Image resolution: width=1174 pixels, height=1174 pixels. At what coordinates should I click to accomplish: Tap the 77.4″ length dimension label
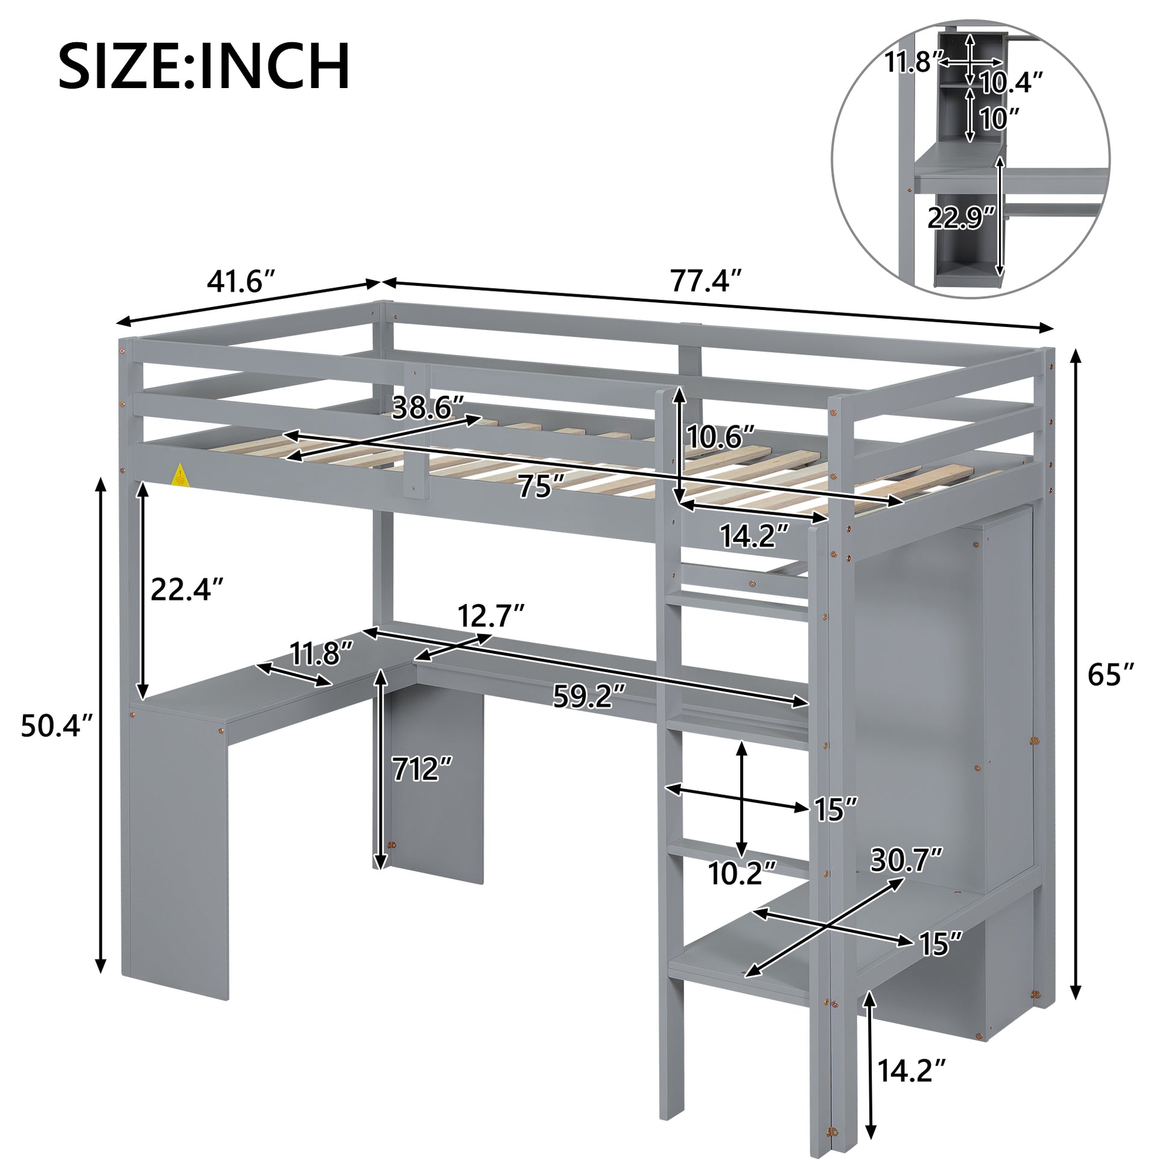coord(706,281)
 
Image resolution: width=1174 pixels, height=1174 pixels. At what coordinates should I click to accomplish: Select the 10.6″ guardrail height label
coord(721,436)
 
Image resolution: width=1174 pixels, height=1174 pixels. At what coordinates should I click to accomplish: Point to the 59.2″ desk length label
coord(588,696)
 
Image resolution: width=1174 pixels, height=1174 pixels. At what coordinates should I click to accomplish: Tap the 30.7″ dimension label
coord(906,859)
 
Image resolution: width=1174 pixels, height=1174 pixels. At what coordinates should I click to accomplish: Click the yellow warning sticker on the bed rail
coord(180,474)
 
